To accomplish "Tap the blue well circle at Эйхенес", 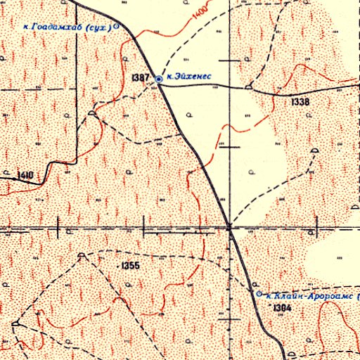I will pyautogui.click(x=160, y=79).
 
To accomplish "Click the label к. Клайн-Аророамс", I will pyautogui.click(x=310, y=296).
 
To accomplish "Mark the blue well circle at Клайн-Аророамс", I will pyautogui.click(x=258, y=293).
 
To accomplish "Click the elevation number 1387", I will pyautogui.click(x=140, y=75).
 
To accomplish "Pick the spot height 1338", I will pyautogui.click(x=300, y=102).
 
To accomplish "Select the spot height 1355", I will pyautogui.click(x=131, y=266).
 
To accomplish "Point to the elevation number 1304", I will pyautogui.click(x=282, y=308).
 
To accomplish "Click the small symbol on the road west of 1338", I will pyautogui.click(x=249, y=86).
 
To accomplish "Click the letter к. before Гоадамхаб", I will pyautogui.click(x=27, y=27).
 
